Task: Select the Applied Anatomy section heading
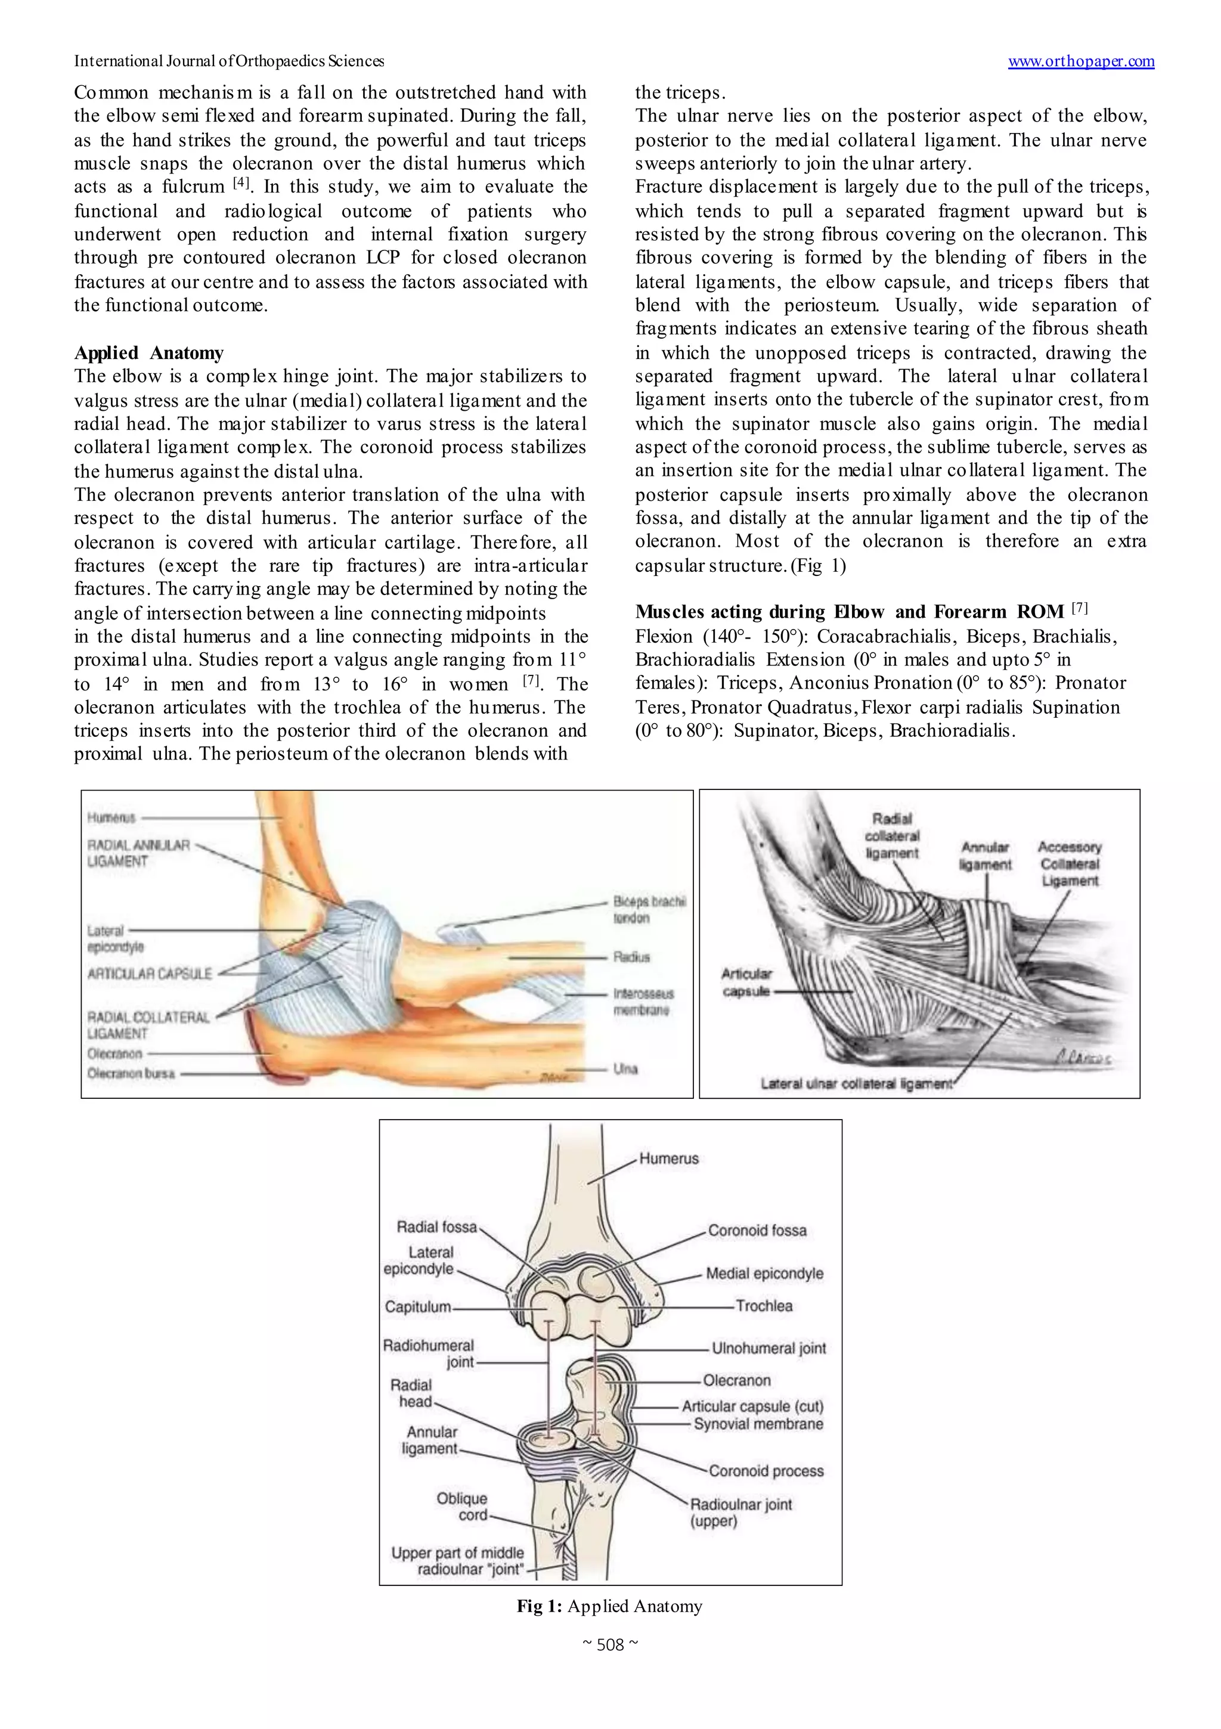point(148,353)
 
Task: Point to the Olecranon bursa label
point(131,1073)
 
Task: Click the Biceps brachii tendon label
point(649,909)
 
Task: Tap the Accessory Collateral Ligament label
point(1069,864)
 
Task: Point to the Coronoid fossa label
point(757,1231)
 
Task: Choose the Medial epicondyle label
point(764,1273)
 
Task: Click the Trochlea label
point(764,1306)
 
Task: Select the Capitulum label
point(418,1306)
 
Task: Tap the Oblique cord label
point(461,1506)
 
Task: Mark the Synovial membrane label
point(758,1424)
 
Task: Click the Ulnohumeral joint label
point(769,1348)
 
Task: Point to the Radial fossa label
point(437,1227)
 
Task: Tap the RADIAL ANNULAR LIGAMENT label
point(138,853)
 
